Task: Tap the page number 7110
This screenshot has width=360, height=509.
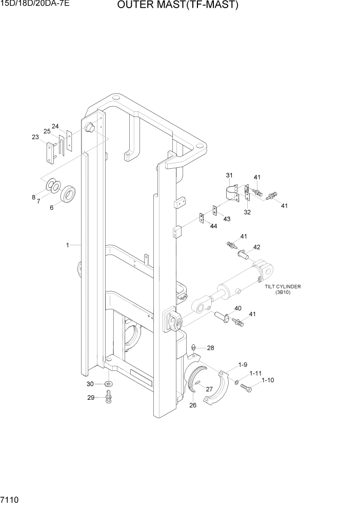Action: [10, 500]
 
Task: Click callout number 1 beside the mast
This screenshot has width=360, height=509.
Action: [67, 245]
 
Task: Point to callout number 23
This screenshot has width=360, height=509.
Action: [35, 137]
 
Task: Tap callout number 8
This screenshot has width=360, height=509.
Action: [33, 197]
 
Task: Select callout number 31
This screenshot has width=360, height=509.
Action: [229, 176]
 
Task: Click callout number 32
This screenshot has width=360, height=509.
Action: [247, 212]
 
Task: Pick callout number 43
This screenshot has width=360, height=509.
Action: [226, 219]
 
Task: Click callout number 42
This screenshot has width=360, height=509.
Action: [256, 247]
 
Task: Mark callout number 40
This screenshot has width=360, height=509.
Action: [237, 308]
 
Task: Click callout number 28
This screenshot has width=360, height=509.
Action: [210, 348]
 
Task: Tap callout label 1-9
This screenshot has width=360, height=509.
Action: [243, 365]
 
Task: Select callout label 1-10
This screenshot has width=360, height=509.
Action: [268, 381]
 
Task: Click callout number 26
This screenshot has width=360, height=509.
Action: [193, 405]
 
